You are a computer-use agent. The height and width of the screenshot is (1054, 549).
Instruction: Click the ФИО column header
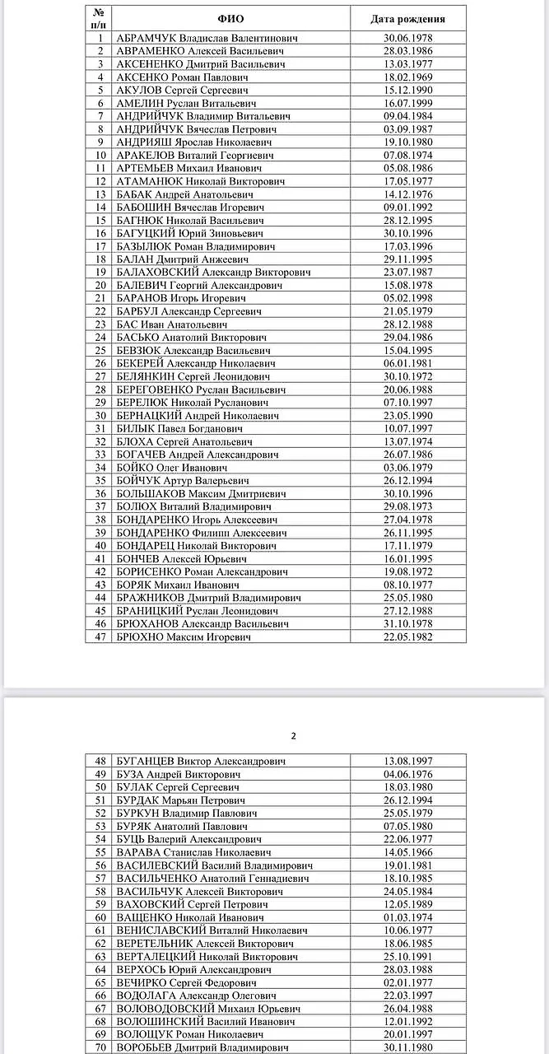point(231,19)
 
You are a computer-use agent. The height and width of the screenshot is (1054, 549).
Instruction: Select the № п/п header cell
point(100,19)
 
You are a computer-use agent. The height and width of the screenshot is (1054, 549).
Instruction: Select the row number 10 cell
point(100,156)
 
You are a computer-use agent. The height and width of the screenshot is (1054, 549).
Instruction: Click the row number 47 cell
point(100,637)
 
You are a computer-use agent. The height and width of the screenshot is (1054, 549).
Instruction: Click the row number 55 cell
point(100,852)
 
